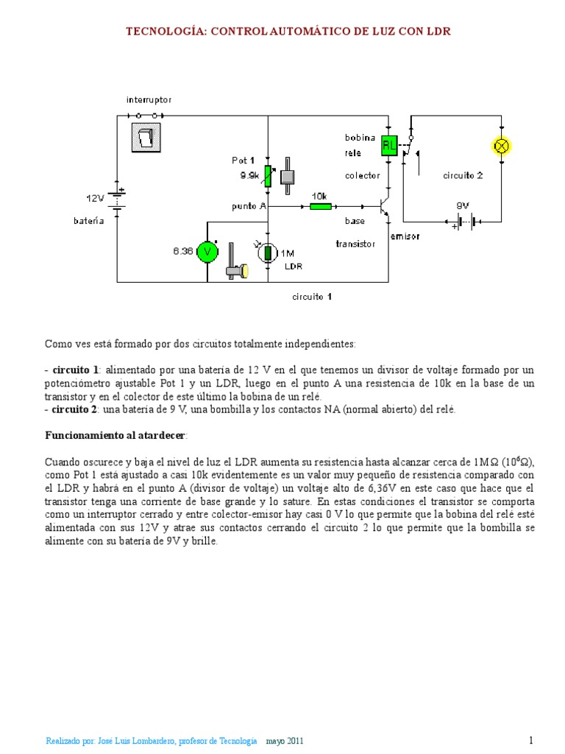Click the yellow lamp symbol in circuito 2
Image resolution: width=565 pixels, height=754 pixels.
502,146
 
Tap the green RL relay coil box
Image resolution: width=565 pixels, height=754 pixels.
389,146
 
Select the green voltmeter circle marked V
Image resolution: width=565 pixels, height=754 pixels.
209,252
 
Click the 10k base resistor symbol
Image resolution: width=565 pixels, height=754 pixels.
320,207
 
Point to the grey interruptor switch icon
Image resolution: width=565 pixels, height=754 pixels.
146,138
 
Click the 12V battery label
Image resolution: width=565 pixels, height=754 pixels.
96,198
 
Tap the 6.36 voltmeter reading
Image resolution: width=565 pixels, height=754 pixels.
182,251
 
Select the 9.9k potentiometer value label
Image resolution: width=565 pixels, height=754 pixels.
249,176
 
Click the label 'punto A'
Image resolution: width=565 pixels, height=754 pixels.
248,206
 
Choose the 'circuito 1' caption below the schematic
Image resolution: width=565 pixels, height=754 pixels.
311,297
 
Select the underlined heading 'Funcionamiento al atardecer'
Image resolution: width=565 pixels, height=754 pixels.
116,436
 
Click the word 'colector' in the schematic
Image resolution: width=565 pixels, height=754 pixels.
363,175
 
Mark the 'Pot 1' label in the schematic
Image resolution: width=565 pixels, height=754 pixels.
244,160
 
